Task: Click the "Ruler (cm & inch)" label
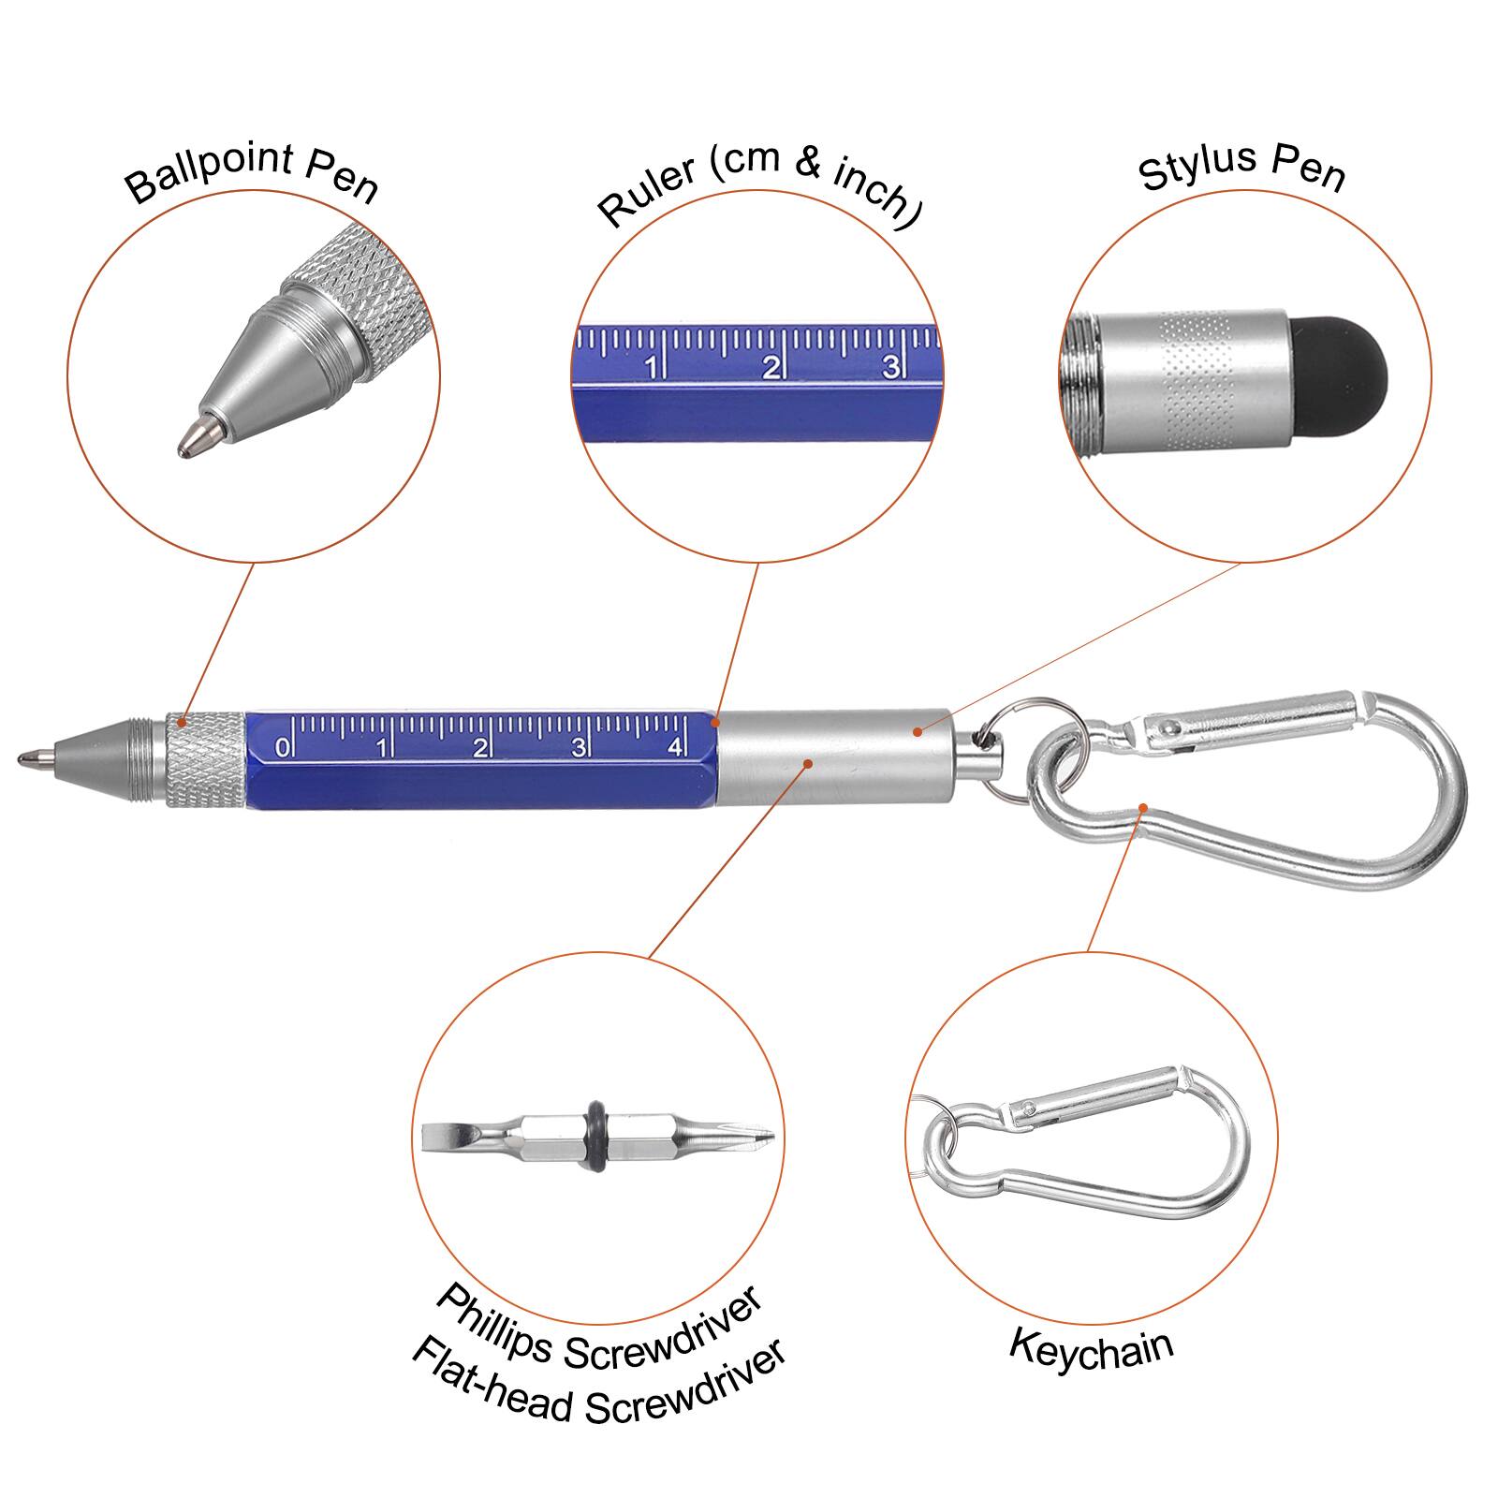pyautogui.click(x=758, y=187)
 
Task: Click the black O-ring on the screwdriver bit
pyautogui.click(x=596, y=1135)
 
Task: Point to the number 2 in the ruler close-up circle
pyautogui.click(x=771, y=367)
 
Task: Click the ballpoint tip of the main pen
pyautogui.click(x=28, y=756)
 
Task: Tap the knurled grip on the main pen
pyautogui.click(x=206, y=758)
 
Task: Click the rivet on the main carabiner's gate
pyautogui.click(x=1168, y=727)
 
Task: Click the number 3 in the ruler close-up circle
pyautogui.click(x=890, y=366)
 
